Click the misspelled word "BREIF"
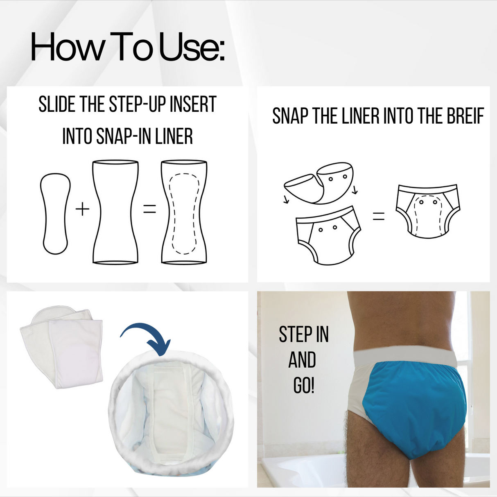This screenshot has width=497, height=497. [465, 116]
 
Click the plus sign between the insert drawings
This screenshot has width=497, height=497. [82, 209]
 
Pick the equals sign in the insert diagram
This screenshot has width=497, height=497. [149, 209]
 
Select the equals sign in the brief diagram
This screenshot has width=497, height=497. [379, 216]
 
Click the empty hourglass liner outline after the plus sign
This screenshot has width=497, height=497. [115, 212]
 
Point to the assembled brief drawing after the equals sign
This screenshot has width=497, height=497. [427, 211]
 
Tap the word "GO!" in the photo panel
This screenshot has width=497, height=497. [303, 385]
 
